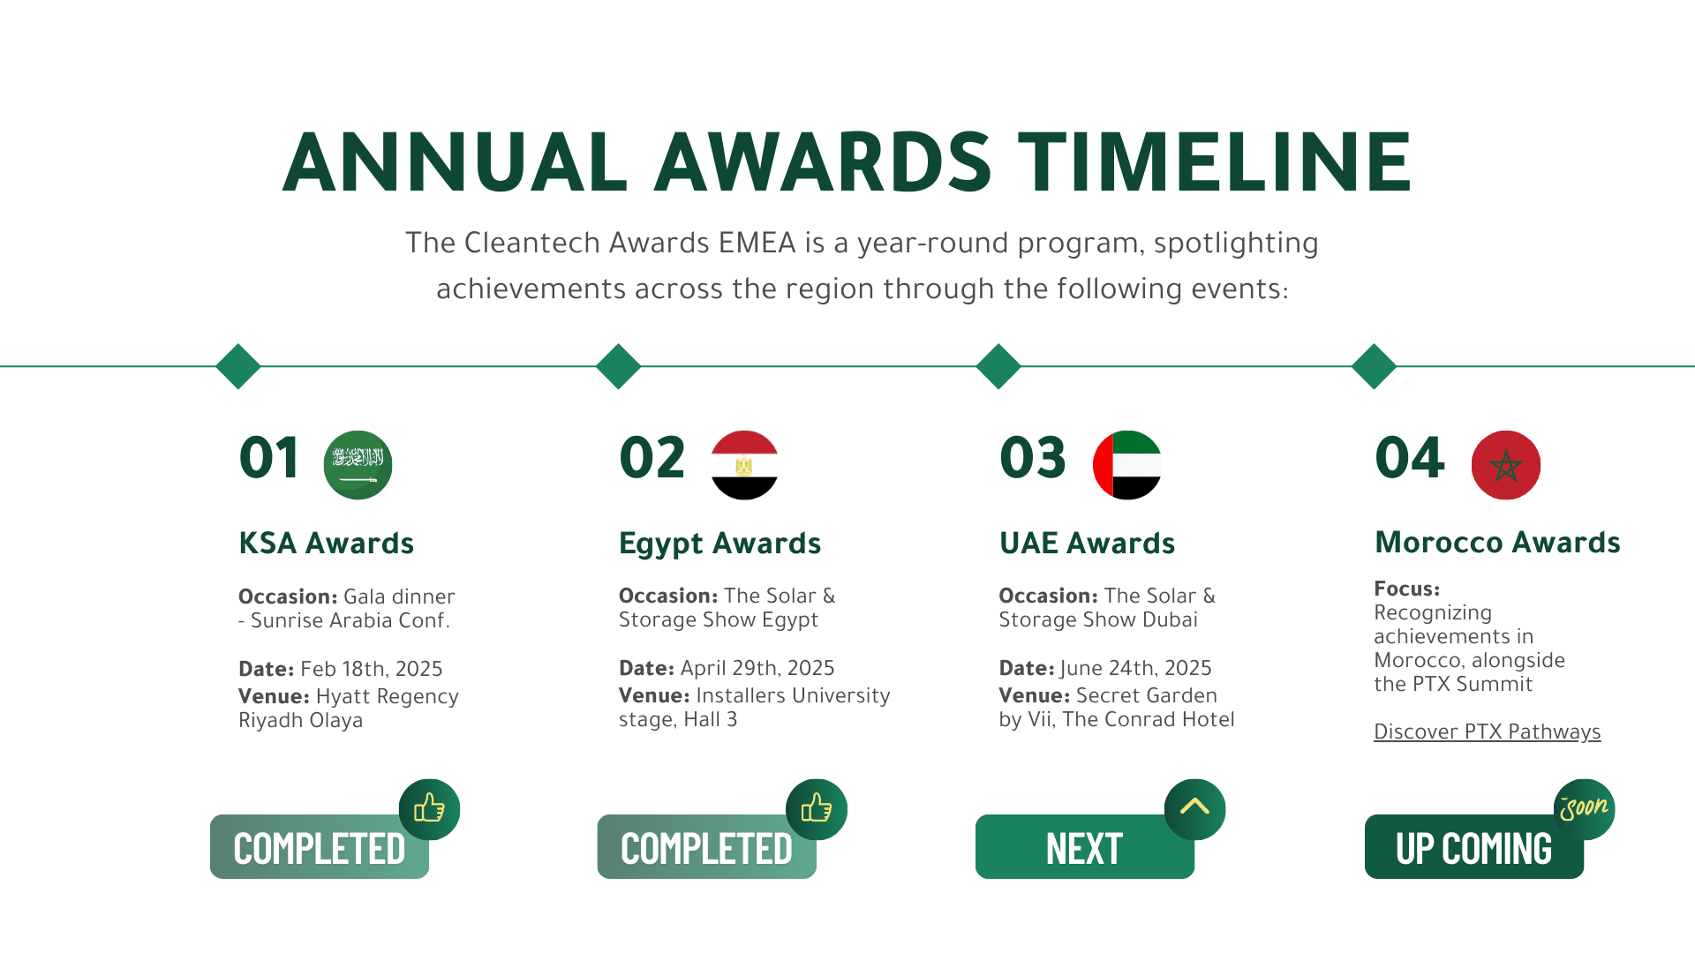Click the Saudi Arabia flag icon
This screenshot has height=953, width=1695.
click(x=358, y=465)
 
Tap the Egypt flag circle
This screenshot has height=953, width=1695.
click(x=744, y=465)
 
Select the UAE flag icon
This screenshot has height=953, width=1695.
click(x=1127, y=465)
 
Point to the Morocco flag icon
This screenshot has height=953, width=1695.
click(x=1506, y=465)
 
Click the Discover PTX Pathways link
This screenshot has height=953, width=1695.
click(x=1487, y=732)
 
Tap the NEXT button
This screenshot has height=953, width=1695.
click(x=1085, y=846)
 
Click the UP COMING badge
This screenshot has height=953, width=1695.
click(x=1474, y=846)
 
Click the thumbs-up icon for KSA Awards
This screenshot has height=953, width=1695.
click(x=430, y=809)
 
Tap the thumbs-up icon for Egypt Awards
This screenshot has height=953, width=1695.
click(x=817, y=809)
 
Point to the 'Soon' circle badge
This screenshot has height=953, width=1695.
click(x=1585, y=809)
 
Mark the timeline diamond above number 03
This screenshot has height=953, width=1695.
click(x=998, y=366)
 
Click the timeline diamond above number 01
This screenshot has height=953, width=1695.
click(x=238, y=366)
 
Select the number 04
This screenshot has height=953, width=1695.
click(x=1410, y=458)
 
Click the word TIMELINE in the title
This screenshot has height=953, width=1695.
click(x=1216, y=161)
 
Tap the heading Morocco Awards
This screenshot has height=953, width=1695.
click(x=1498, y=542)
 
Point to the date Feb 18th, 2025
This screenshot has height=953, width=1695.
click(x=372, y=669)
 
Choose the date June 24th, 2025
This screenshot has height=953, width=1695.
click(x=1136, y=668)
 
